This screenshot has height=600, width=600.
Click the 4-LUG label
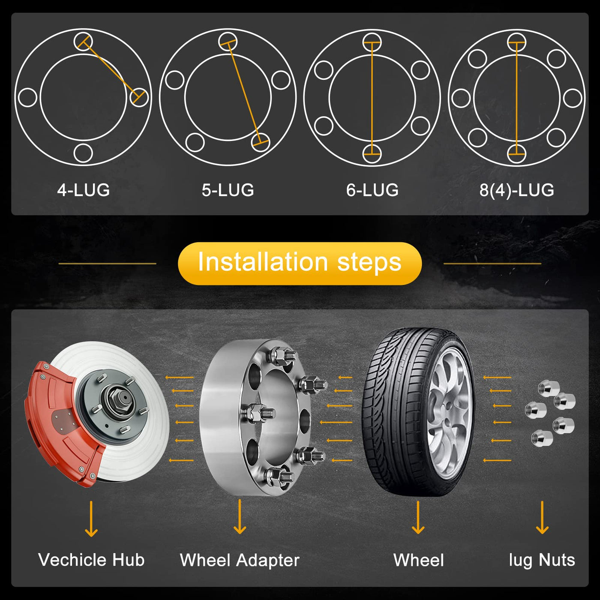point(84,190)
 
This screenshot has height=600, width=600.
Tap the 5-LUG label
point(228,190)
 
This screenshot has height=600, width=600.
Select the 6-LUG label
point(372,190)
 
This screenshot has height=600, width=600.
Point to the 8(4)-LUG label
point(517,190)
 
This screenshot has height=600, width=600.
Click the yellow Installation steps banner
point(300,264)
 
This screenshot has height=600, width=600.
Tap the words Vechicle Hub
point(91,560)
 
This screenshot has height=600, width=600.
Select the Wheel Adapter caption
point(240,560)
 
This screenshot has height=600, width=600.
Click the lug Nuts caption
point(542,560)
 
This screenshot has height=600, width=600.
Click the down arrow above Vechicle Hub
point(91,519)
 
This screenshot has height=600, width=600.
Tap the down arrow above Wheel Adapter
point(240,517)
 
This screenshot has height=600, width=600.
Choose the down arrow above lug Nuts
point(543,517)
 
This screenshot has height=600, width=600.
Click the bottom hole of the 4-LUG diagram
point(83,153)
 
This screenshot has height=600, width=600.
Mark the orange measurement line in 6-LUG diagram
point(372,98)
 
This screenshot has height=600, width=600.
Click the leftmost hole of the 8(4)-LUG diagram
point(461,98)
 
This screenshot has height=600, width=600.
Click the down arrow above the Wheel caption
point(418,517)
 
